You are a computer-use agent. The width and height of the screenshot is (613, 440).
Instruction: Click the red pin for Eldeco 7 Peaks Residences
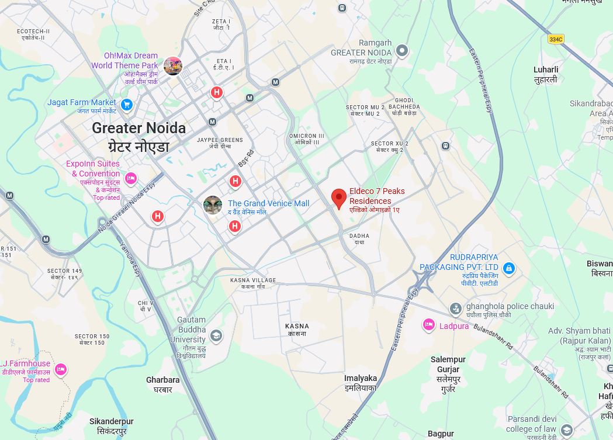pyautogui.click(x=338, y=199)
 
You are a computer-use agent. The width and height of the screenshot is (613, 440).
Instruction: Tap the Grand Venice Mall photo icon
pyautogui.click(x=213, y=205)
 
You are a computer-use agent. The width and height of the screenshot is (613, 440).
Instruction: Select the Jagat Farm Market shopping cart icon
pyautogui.click(x=127, y=105)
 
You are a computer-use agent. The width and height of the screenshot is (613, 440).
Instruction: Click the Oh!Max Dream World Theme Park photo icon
pyautogui.click(x=173, y=66)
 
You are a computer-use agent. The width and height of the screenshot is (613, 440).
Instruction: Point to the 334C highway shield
pyautogui.click(x=556, y=39)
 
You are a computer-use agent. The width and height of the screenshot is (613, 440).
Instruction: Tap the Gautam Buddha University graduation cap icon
pyautogui.click(x=216, y=335)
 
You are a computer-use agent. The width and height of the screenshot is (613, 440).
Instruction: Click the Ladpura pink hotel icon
pyautogui.click(x=429, y=325)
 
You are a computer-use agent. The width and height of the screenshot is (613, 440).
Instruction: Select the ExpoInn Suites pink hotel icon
pyautogui.click(x=131, y=178)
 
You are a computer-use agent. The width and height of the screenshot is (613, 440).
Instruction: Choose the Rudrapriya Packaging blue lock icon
pyautogui.click(x=509, y=269)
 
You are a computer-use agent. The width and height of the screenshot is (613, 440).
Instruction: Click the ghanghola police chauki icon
pyautogui.click(x=456, y=309)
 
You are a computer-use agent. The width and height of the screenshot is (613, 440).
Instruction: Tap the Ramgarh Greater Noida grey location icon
pyautogui.click(x=401, y=51)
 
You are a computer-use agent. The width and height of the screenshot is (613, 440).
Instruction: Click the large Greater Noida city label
pyautogui.click(x=138, y=129)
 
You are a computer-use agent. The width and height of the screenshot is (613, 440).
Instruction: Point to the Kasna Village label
pyautogui.click(x=252, y=280)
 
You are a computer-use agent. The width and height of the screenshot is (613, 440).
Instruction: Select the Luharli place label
pyautogui.click(x=546, y=70)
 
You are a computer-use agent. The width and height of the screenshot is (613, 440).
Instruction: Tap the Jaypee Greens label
pyautogui.click(x=220, y=140)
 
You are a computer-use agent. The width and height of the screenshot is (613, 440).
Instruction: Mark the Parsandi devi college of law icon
pyautogui.click(x=566, y=431)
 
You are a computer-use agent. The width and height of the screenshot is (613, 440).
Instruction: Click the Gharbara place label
pyautogui.click(x=163, y=380)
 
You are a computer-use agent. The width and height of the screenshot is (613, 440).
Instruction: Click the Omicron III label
pyautogui.click(x=307, y=136)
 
